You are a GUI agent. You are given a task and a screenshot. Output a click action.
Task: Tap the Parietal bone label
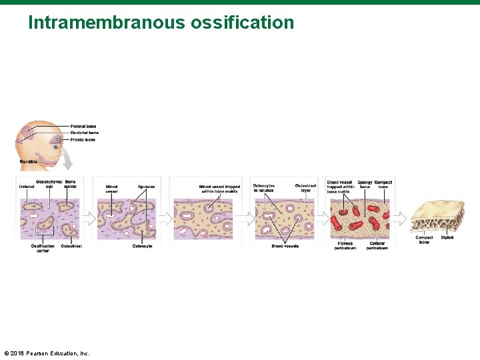click(x=83, y=127)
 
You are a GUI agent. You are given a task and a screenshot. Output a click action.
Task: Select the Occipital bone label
click(x=84, y=133)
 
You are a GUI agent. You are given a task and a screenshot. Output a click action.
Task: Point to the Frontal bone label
click(x=83, y=140)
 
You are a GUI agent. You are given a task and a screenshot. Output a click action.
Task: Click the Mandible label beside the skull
click(x=28, y=162)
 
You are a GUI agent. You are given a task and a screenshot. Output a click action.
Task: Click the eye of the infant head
click(x=56, y=147)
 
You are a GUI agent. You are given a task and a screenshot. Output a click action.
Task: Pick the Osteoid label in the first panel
click(x=27, y=187)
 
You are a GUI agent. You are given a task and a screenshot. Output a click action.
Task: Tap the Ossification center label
click(x=43, y=248)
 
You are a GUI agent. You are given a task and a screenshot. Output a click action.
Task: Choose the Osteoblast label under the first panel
click(x=71, y=246)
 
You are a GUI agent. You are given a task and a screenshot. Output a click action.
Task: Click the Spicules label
click(x=146, y=187)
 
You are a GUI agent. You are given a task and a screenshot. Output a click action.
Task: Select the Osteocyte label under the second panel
click(x=142, y=246)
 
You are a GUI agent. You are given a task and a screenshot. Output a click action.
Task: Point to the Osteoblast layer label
click(x=305, y=187)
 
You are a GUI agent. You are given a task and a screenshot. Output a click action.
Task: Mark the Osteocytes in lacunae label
click(x=264, y=187)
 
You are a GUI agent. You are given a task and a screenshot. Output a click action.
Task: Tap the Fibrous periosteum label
click(x=345, y=245)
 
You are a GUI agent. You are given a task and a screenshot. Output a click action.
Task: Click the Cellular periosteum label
click(x=377, y=245)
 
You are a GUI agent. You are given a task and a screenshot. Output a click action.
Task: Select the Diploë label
click(x=447, y=237)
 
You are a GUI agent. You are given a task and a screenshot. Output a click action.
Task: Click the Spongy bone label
click(x=365, y=185)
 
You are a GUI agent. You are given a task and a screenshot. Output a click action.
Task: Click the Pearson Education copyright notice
click(x=47, y=353)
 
